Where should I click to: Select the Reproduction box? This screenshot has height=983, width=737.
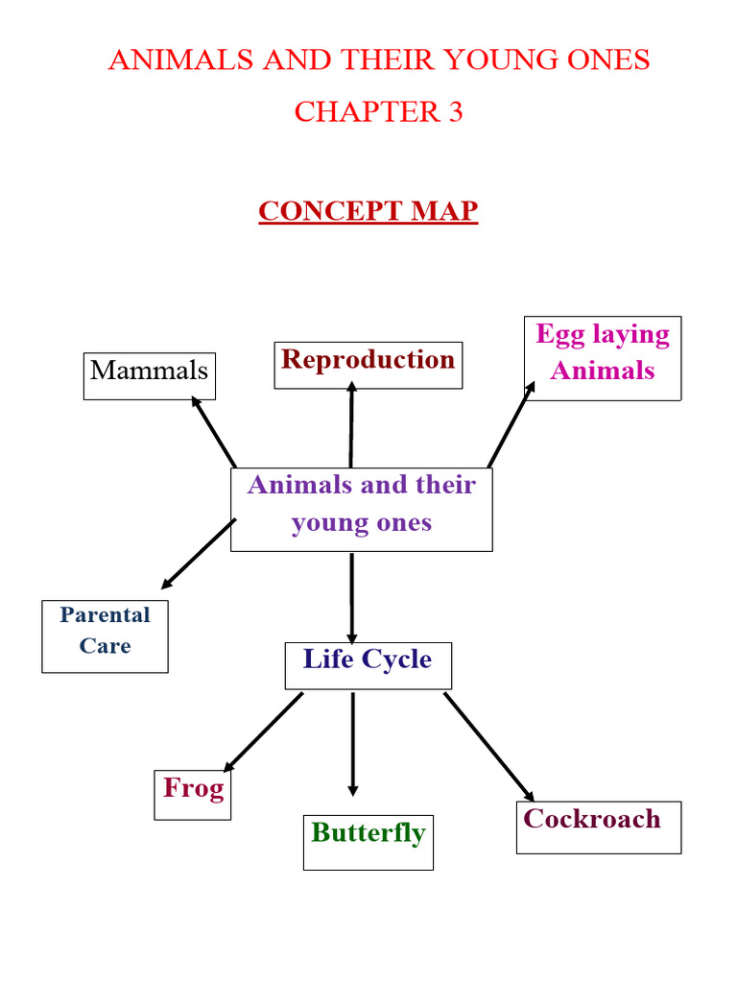click(x=368, y=365)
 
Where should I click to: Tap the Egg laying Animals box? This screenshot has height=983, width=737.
click(x=603, y=358)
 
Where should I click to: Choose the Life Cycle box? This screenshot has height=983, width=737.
click(x=368, y=665)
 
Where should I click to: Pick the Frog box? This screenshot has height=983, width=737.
click(x=193, y=794)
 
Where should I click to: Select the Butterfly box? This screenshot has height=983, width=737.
click(x=368, y=842)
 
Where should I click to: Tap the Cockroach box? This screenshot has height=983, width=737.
click(x=598, y=827)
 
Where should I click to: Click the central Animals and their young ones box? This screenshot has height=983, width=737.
click(x=361, y=509)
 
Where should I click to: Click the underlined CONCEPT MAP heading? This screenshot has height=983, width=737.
click(x=368, y=211)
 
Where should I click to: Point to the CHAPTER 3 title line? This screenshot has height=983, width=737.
click(x=378, y=112)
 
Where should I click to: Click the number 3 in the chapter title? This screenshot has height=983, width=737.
click(x=454, y=112)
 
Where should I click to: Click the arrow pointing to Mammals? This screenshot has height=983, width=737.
click(x=215, y=433)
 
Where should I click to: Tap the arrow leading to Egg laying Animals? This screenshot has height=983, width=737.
click(x=511, y=424)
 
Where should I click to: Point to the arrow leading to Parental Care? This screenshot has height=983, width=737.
click(x=199, y=554)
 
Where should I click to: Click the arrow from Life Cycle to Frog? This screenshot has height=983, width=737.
click(x=263, y=731)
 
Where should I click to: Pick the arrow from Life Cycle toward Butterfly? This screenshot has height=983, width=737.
click(x=352, y=743)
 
